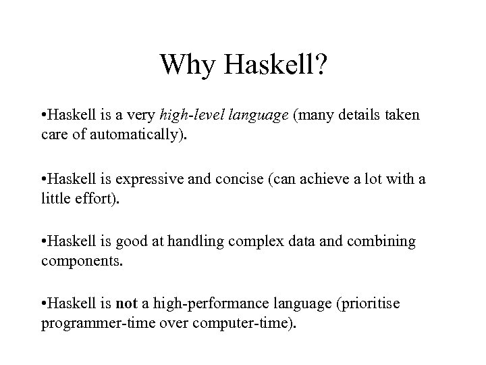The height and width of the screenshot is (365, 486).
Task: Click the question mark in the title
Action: (x=319, y=66)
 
